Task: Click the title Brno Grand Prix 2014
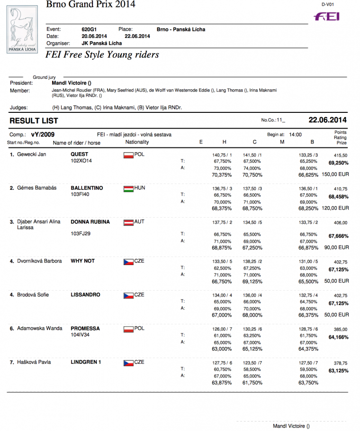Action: (x=90, y=5)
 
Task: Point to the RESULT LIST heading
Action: (x=34, y=120)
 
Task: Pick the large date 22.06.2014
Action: (x=328, y=120)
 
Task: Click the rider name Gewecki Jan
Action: (x=31, y=155)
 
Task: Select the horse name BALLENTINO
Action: (x=87, y=188)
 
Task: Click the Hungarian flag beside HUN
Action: (x=128, y=189)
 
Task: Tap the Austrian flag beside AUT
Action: (x=128, y=222)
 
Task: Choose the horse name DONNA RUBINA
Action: (x=90, y=222)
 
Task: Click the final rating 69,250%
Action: (x=339, y=163)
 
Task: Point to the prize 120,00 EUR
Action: (x=336, y=208)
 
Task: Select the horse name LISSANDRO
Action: (x=85, y=295)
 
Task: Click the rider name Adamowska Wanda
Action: (x=40, y=329)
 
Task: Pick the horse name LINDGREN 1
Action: (x=87, y=362)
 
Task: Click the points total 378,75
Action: (x=340, y=363)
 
